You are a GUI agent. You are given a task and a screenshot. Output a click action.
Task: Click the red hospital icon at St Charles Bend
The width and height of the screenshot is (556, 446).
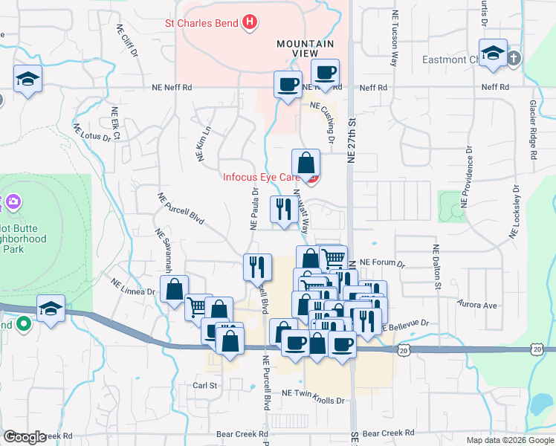[250, 22]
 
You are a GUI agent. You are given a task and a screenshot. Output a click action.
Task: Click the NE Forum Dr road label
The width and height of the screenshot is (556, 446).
[382, 263]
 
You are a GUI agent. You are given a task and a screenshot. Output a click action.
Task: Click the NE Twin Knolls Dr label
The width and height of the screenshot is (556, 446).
[314, 400]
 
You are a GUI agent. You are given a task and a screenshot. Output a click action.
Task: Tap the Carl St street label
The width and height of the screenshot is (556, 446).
[204, 386]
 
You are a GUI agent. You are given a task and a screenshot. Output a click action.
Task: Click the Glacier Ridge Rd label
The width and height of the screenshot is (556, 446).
[533, 129]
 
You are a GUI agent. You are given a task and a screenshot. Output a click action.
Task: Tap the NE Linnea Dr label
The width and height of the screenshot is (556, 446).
[133, 286]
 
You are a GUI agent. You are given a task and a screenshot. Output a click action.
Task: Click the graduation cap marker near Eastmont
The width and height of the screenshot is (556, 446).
[493, 54]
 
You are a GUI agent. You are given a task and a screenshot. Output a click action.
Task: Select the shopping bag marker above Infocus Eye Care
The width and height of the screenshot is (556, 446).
[306, 162]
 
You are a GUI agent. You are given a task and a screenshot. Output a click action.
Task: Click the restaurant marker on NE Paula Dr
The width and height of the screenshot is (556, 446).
[254, 266]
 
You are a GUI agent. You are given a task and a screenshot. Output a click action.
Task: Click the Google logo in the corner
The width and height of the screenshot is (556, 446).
[25, 437]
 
